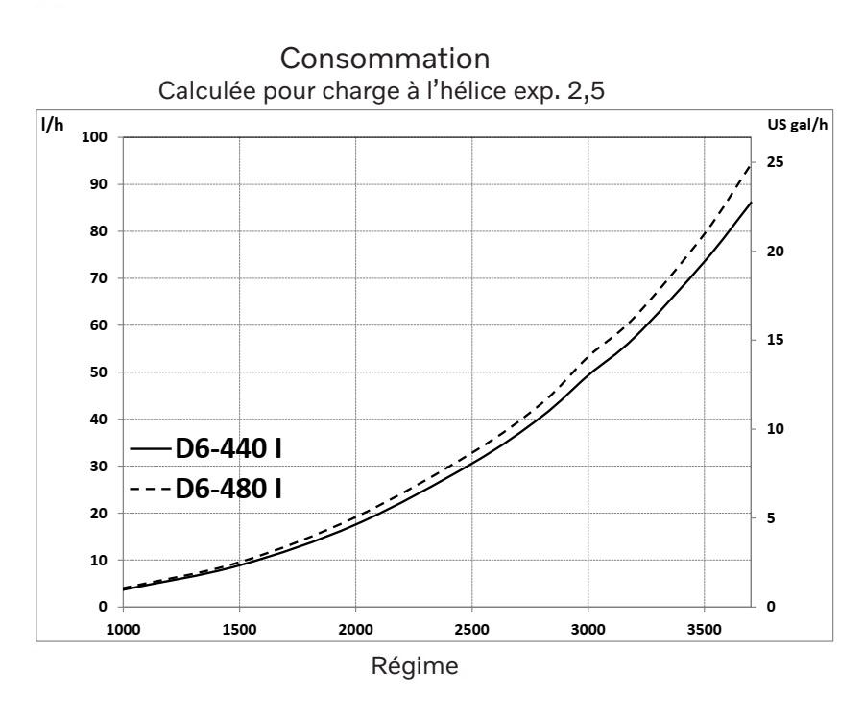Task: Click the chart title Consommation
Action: [x=389, y=60]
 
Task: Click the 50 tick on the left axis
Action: [x=97, y=372]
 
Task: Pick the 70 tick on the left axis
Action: [x=97, y=278]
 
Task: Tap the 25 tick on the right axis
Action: [x=773, y=162]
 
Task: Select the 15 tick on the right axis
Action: [x=773, y=340]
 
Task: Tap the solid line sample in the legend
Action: [x=150, y=448]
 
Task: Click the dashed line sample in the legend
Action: [x=150, y=491]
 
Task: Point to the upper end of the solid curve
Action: [x=751, y=203]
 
